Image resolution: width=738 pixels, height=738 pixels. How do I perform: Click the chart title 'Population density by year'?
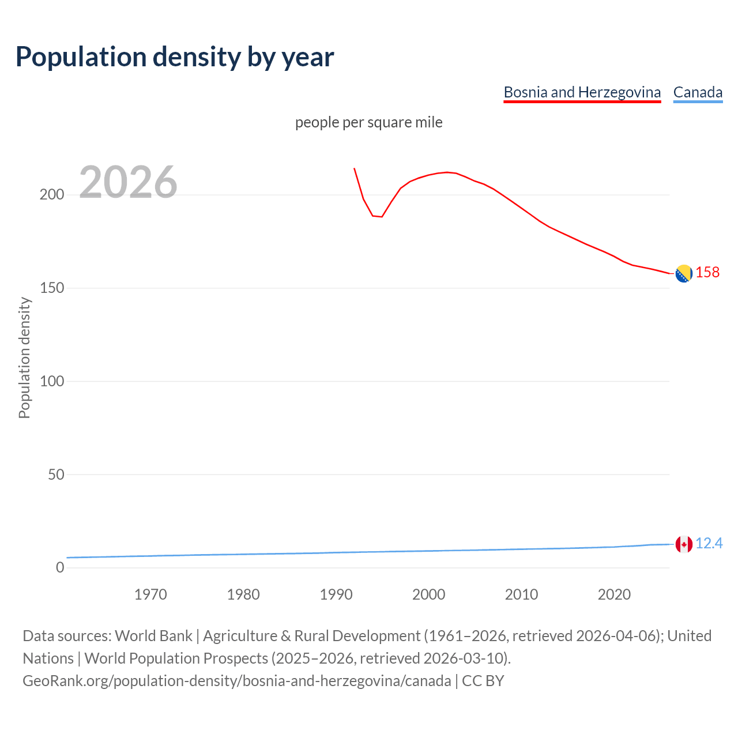(175, 57)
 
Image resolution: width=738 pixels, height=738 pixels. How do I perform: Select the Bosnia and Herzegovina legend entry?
(582, 92)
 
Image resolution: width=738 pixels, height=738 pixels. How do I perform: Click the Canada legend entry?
(698, 92)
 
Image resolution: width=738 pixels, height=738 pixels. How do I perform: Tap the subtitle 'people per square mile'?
(368, 122)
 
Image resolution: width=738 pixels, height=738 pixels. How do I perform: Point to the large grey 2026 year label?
(128, 182)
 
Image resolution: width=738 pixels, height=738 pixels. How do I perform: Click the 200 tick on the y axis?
(51, 195)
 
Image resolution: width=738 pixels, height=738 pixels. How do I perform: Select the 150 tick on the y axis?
(51, 288)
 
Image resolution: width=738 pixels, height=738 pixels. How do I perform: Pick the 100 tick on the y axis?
(51, 381)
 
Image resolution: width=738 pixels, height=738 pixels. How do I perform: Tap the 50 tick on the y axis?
(55, 475)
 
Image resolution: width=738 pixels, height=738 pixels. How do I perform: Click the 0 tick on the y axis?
(60, 568)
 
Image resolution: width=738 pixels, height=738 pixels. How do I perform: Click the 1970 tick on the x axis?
(150, 594)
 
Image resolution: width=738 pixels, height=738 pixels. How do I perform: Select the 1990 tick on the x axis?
(336, 594)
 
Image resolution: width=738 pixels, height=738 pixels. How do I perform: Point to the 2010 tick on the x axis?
(521, 594)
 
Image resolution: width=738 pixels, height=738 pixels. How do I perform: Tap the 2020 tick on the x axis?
(614, 594)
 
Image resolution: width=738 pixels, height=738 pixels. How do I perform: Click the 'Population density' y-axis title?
(24, 357)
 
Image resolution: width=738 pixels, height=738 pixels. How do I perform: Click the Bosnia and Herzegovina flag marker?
(684, 273)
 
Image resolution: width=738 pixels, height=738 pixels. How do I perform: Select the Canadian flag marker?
(684, 544)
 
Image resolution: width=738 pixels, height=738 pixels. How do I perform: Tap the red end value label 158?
(707, 272)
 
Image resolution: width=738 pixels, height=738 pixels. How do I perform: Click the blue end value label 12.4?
(709, 544)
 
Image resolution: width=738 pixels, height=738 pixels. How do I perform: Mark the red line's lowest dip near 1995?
(381, 217)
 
